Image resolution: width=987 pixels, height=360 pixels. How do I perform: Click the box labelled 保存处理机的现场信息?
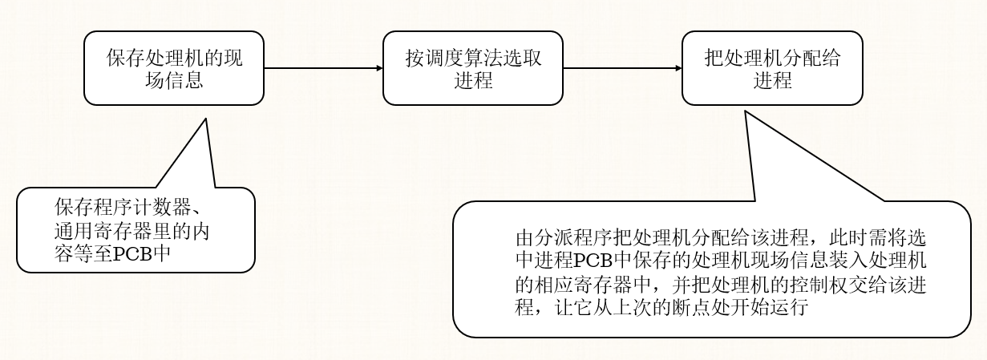[174, 68]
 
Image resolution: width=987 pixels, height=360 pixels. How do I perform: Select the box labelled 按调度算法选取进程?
[472, 68]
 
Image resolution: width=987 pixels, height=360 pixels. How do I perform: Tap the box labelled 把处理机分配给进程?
[772, 68]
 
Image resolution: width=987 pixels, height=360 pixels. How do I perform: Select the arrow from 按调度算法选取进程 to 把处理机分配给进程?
[622, 68]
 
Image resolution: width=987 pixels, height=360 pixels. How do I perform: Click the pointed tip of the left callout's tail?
[206, 119]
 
